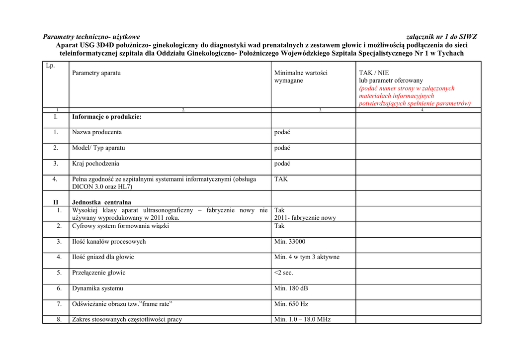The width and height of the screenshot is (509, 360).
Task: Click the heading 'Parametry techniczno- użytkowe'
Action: coord(91,37)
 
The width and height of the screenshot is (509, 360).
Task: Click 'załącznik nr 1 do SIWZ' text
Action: coord(441,37)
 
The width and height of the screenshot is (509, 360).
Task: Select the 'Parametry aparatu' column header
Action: coord(96,73)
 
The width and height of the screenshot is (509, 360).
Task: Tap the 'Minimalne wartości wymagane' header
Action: coord(301,77)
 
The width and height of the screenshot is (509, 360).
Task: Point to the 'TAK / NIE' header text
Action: coord(374,73)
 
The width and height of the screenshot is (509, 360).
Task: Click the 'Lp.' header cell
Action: coord(50,66)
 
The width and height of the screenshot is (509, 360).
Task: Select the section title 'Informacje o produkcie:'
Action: coord(107,117)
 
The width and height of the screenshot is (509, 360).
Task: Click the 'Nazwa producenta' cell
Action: coord(97,132)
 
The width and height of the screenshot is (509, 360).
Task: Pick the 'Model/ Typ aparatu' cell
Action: coord(98,148)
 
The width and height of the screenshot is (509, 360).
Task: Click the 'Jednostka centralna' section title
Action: coord(101,202)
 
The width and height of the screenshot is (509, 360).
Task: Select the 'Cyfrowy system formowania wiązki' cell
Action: coord(120,226)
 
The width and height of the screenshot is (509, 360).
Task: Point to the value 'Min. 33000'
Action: coord(290,242)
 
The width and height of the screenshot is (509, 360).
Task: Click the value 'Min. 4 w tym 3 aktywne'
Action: coord(307,257)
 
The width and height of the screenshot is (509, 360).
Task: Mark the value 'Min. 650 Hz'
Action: coord(291,304)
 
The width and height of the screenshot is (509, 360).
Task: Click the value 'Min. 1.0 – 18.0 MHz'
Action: coord(302,319)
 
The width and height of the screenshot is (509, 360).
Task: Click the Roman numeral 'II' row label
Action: coord(56,202)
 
